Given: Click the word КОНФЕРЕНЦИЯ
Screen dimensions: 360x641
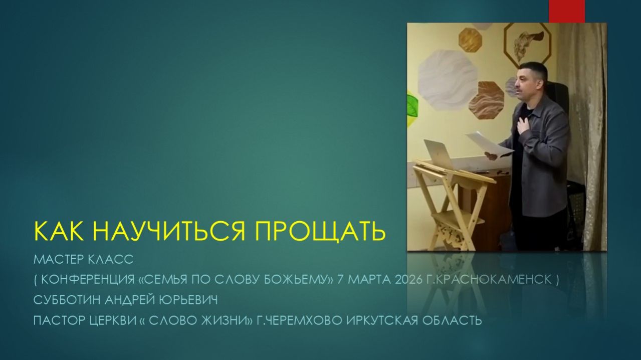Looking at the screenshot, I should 89,280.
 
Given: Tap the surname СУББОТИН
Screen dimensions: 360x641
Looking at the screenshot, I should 67,300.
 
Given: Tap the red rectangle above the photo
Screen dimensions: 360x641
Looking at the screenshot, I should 566,11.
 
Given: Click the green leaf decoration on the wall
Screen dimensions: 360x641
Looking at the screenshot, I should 412,108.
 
